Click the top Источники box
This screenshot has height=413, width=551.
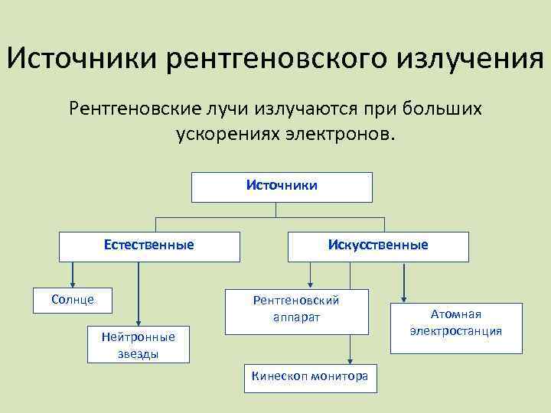pyautogui.click(x=282, y=186)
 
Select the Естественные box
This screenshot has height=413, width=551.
pyautogui.click(x=149, y=246)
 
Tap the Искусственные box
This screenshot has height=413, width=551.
pyautogui.click(x=378, y=246)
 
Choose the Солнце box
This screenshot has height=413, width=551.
pyautogui.click(x=73, y=299)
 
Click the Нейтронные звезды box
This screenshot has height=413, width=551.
pyautogui.click(x=139, y=344)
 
